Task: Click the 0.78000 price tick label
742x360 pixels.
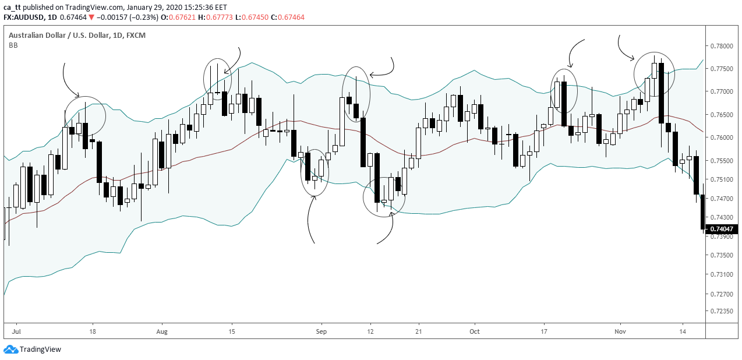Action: click(722, 46)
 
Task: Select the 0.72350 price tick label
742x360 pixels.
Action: click(722, 311)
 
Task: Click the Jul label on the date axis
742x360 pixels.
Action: click(16, 331)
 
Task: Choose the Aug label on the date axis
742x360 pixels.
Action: click(162, 331)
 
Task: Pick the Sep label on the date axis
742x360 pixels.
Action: click(321, 331)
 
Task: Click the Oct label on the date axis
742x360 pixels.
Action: click(475, 331)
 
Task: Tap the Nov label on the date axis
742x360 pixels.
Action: click(620, 331)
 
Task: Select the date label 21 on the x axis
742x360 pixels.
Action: click(418, 331)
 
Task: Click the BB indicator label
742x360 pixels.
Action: click(13, 45)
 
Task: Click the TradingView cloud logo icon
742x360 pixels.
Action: click(10, 350)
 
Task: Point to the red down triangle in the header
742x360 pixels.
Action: click(91, 17)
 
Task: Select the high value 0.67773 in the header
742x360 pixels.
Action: click(221, 17)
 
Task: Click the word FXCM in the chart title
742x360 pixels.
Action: click(136, 36)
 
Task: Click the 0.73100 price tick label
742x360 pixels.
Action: click(722, 274)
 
